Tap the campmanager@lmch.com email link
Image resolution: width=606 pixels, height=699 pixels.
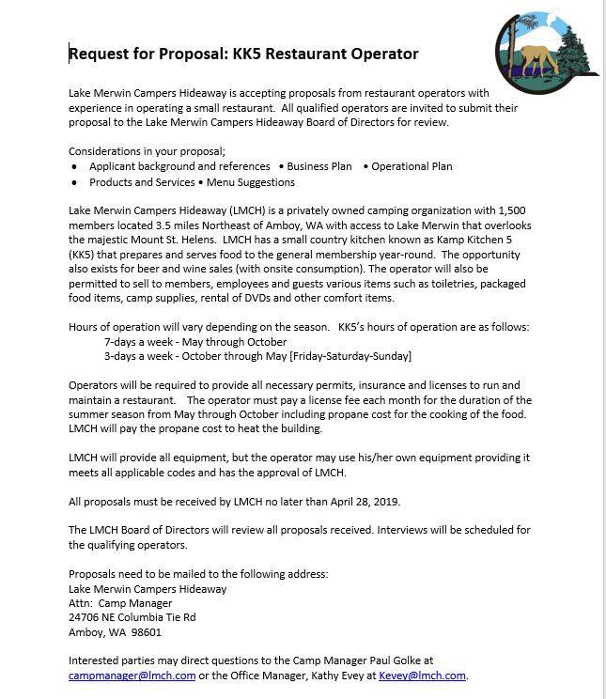click(132, 675)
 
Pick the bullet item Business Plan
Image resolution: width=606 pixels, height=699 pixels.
click(319, 166)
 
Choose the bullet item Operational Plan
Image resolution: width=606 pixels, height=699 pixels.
click(412, 166)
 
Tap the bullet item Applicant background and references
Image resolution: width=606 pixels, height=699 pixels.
click(179, 166)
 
